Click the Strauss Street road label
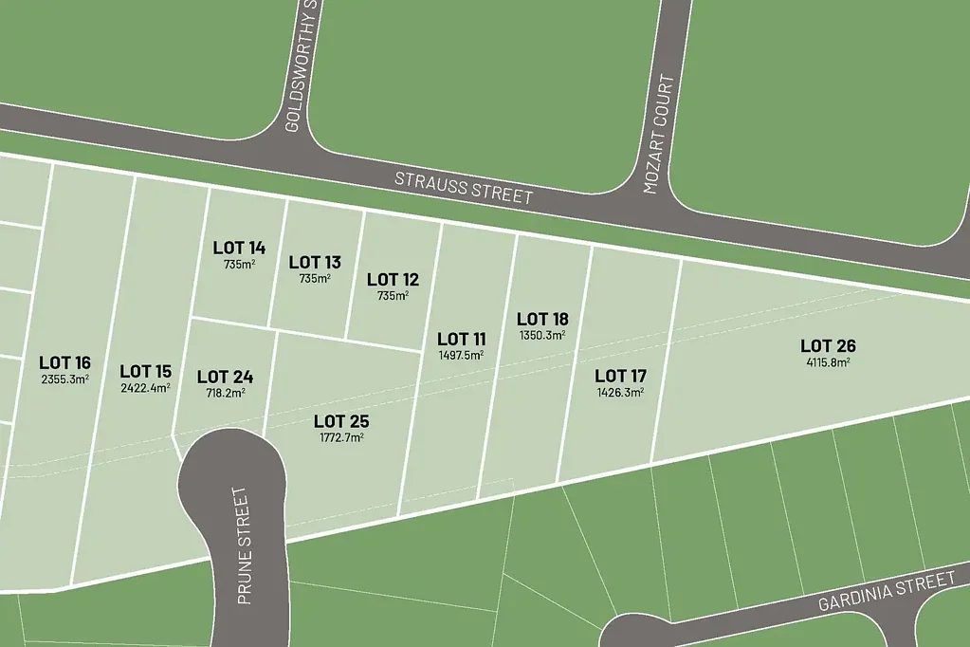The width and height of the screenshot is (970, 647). pos(464,188)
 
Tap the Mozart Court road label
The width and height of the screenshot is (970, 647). pos(664,135)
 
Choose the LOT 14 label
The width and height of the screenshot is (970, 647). pos(239,248)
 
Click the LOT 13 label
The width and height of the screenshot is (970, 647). pos(315,262)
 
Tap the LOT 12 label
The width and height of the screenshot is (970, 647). pos(393,279)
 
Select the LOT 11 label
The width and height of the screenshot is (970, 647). pos(461,339)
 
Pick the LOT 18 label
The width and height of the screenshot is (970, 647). pos(542,319)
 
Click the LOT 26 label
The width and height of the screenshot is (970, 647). pos(828,345)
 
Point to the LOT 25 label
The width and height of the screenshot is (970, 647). pos(341,421)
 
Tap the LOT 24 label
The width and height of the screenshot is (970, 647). pos(226,377)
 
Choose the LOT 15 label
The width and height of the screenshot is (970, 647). pos(145,371)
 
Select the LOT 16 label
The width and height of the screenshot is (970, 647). pos(64,362)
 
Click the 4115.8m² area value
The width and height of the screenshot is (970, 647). pos(828,361)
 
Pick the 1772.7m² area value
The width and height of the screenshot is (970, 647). pos(341,437)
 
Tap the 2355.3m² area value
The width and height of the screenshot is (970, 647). pos(64,379)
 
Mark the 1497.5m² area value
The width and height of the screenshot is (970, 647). pos(461,355)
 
